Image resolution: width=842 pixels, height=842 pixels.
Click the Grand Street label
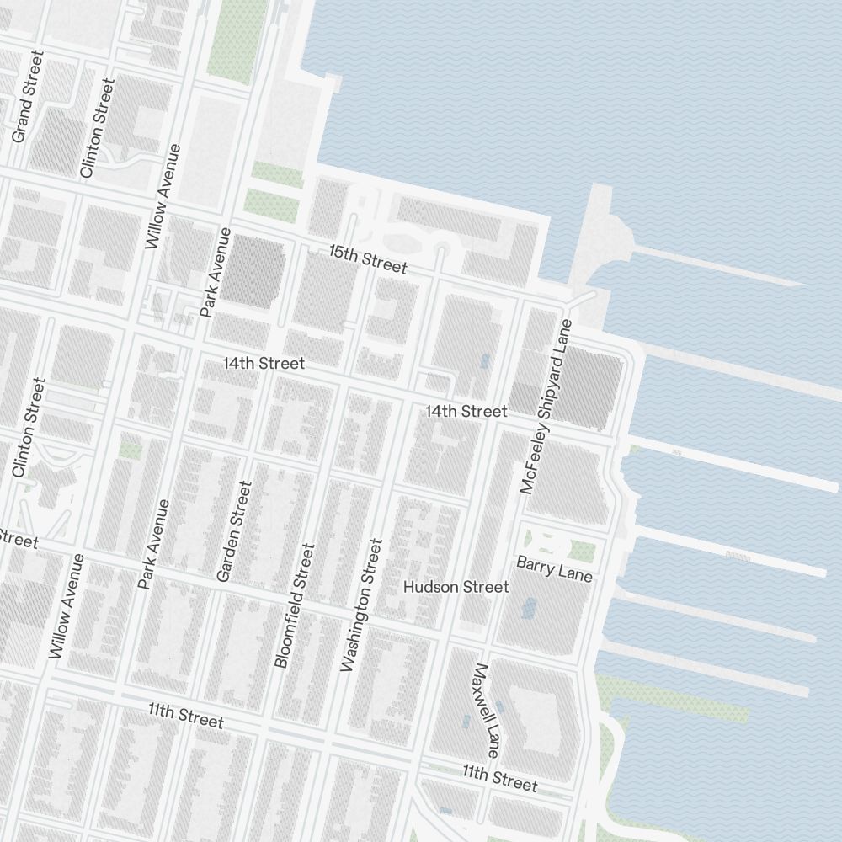28,96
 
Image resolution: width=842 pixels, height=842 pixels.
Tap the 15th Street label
368,259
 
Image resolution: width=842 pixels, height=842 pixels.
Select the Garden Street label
234,530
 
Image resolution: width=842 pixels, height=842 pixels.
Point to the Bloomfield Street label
295,605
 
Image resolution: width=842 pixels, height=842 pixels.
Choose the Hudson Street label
456,586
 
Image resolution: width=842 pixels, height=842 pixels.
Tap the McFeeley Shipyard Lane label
546,406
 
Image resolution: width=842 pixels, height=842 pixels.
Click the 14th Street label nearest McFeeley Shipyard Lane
466,411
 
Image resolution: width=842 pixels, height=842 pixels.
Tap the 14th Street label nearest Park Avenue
264,364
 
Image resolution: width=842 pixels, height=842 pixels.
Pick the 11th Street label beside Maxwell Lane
499,777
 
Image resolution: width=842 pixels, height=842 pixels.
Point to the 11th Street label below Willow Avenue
186,716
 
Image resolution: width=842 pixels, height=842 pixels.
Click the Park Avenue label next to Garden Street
155,544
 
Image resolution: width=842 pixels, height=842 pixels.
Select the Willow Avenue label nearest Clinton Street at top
163,196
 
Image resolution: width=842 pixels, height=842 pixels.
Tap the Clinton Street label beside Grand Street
96,128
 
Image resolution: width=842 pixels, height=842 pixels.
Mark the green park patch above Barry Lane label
582,551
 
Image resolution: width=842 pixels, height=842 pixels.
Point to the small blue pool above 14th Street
484,361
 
